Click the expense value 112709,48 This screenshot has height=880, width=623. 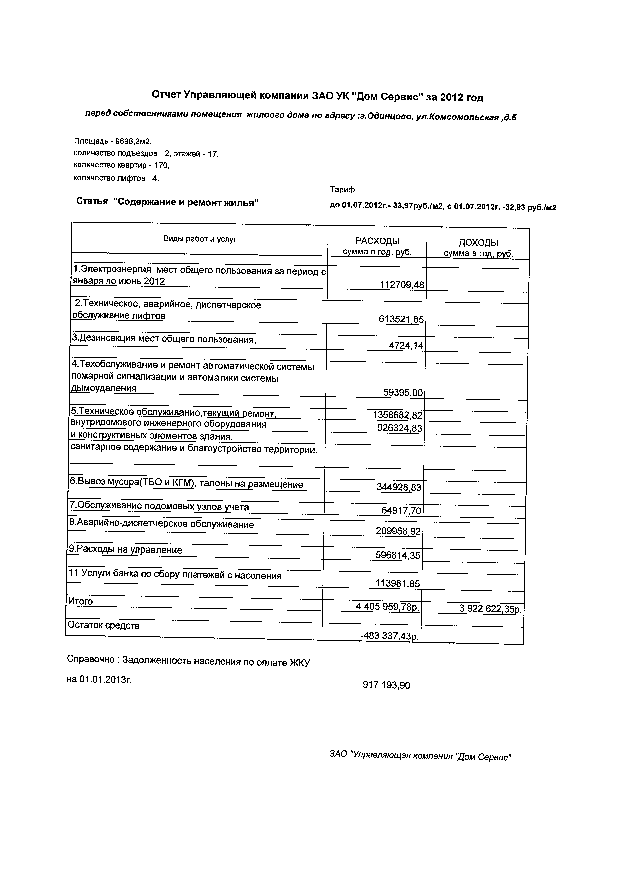tap(402, 285)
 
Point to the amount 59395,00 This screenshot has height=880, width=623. tap(403, 392)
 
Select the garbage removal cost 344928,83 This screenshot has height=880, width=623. tap(399, 487)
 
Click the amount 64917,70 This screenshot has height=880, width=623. tap(401, 510)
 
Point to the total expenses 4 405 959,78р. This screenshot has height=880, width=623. tap(388, 607)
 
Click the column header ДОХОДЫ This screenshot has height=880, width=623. tap(478, 243)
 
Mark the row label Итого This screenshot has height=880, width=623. tap(80, 601)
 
